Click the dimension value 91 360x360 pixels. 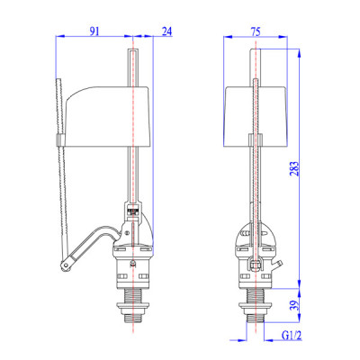94,31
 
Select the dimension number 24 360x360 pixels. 166,31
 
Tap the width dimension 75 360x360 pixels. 256,31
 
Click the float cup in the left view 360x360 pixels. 108,115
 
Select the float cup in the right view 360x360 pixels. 256,115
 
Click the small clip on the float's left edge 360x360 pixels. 58,140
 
